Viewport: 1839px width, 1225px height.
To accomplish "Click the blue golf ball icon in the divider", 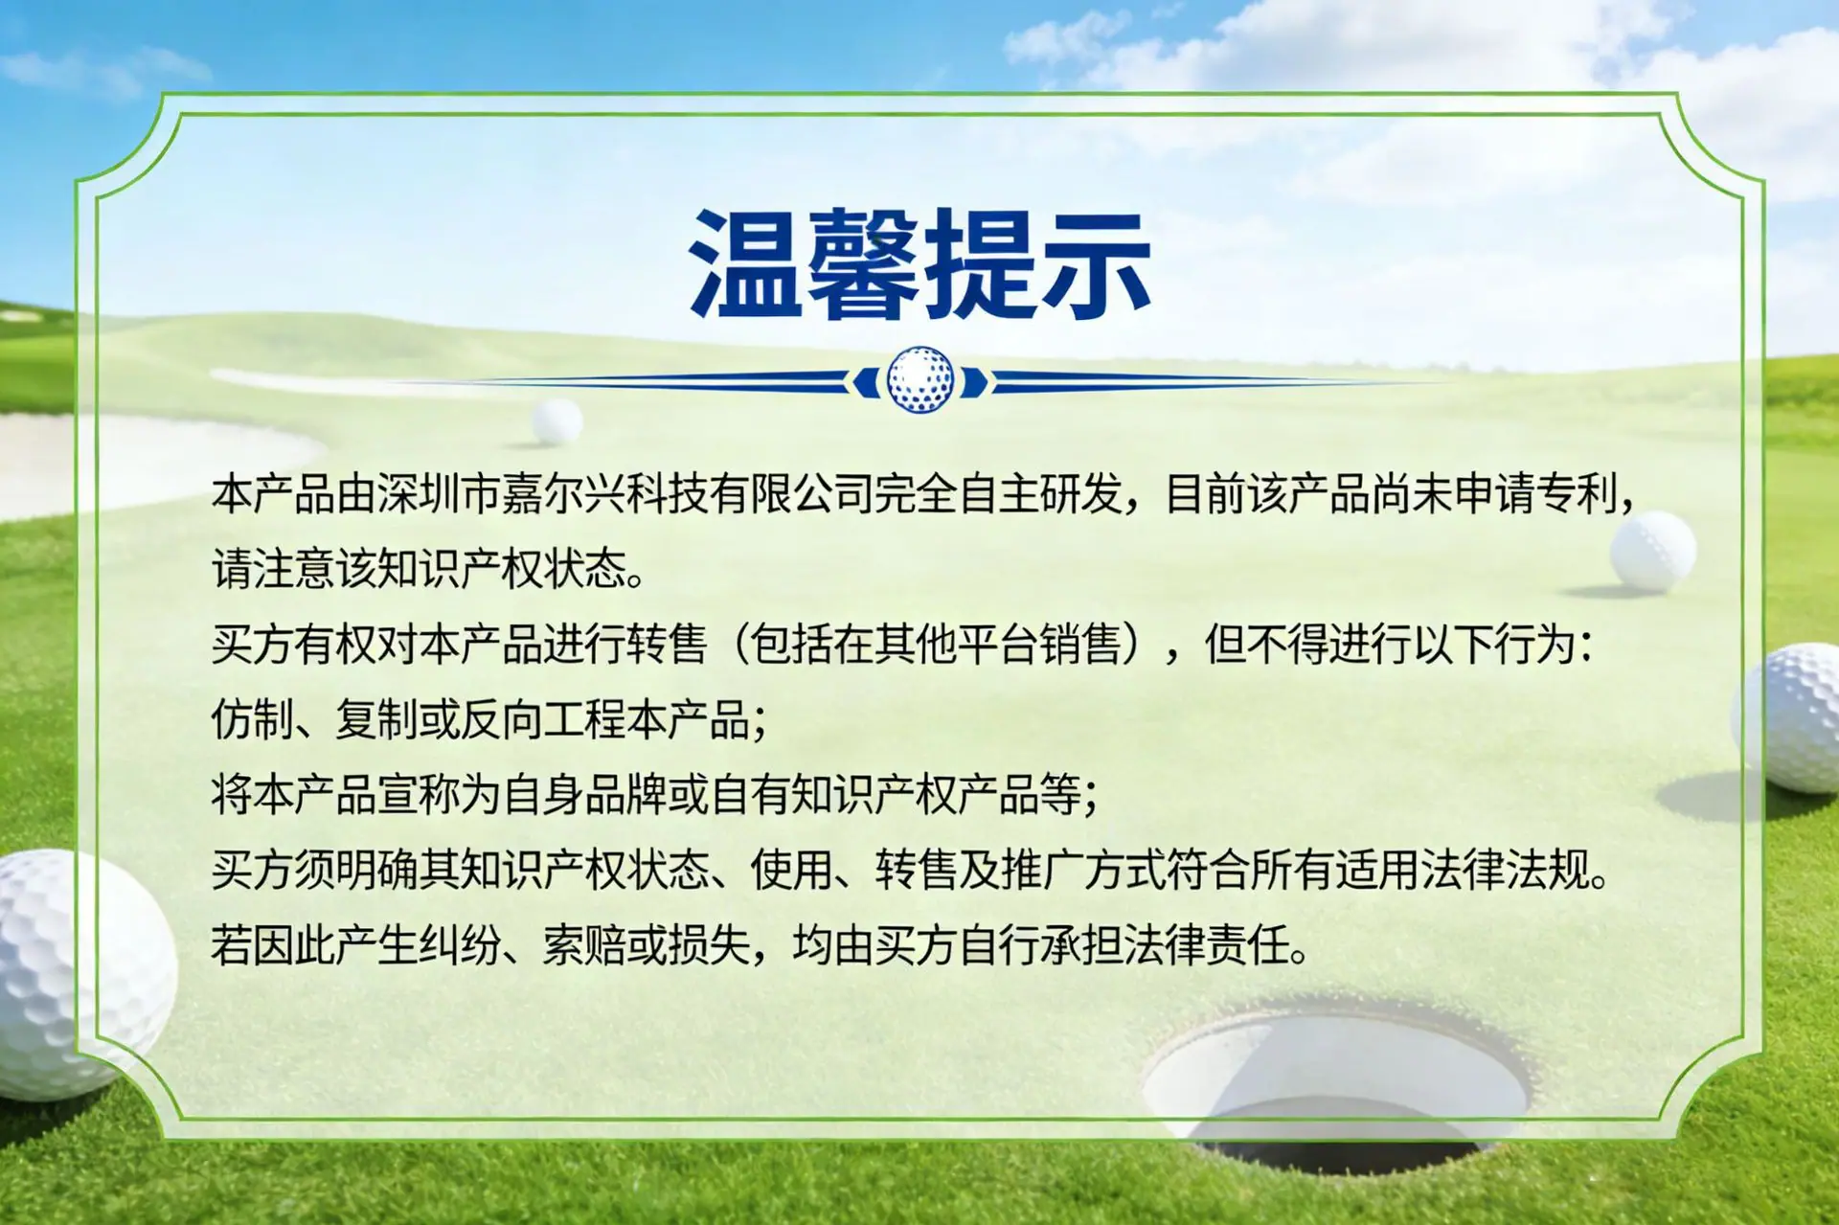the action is (x=919, y=380).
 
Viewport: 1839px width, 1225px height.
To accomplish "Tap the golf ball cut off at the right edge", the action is (x=1788, y=718).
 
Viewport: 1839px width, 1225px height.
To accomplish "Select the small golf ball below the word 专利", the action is (x=1652, y=550).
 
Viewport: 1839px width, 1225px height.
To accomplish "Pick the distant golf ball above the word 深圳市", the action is (x=556, y=421).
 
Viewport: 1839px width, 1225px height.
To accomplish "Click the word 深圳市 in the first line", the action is (x=439, y=494).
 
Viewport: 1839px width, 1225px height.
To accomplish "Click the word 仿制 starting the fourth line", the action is (x=252, y=719).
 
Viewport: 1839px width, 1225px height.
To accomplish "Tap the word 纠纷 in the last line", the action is (x=460, y=945).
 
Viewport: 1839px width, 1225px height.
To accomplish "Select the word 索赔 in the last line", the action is (x=584, y=945).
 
